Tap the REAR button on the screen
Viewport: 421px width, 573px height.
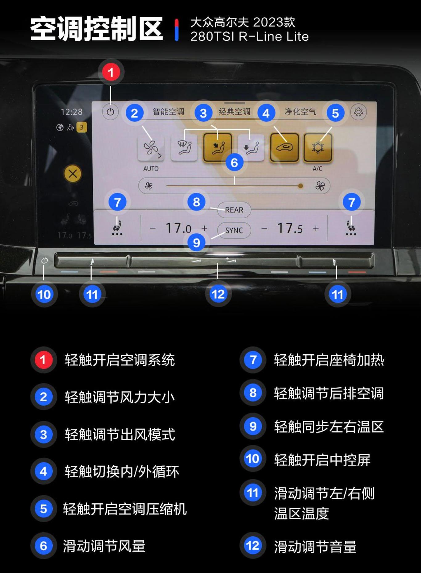pos(234,210)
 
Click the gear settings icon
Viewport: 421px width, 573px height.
pos(358,112)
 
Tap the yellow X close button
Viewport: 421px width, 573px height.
pos(73,174)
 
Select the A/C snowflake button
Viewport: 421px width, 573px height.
pos(318,147)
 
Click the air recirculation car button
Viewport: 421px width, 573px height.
pos(284,147)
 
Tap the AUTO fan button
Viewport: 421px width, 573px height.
pos(151,148)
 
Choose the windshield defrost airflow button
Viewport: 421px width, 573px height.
pos(184,147)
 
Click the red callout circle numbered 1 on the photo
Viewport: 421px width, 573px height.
pos(111,72)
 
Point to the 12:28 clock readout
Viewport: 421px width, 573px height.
pos(72,112)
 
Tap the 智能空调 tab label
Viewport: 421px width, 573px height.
pos(168,112)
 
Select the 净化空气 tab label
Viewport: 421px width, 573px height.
pos(300,112)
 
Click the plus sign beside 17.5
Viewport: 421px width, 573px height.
pos(316,228)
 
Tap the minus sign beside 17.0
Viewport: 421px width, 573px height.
pos(153,229)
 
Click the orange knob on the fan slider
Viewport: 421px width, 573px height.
pos(300,186)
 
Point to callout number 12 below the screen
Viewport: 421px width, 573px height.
pos(218,294)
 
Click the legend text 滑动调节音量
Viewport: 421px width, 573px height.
pos(315,546)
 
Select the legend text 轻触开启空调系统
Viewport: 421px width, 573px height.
pos(120,360)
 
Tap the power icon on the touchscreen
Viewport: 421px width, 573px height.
pos(110,112)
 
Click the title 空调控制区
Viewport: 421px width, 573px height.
pos(96,29)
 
